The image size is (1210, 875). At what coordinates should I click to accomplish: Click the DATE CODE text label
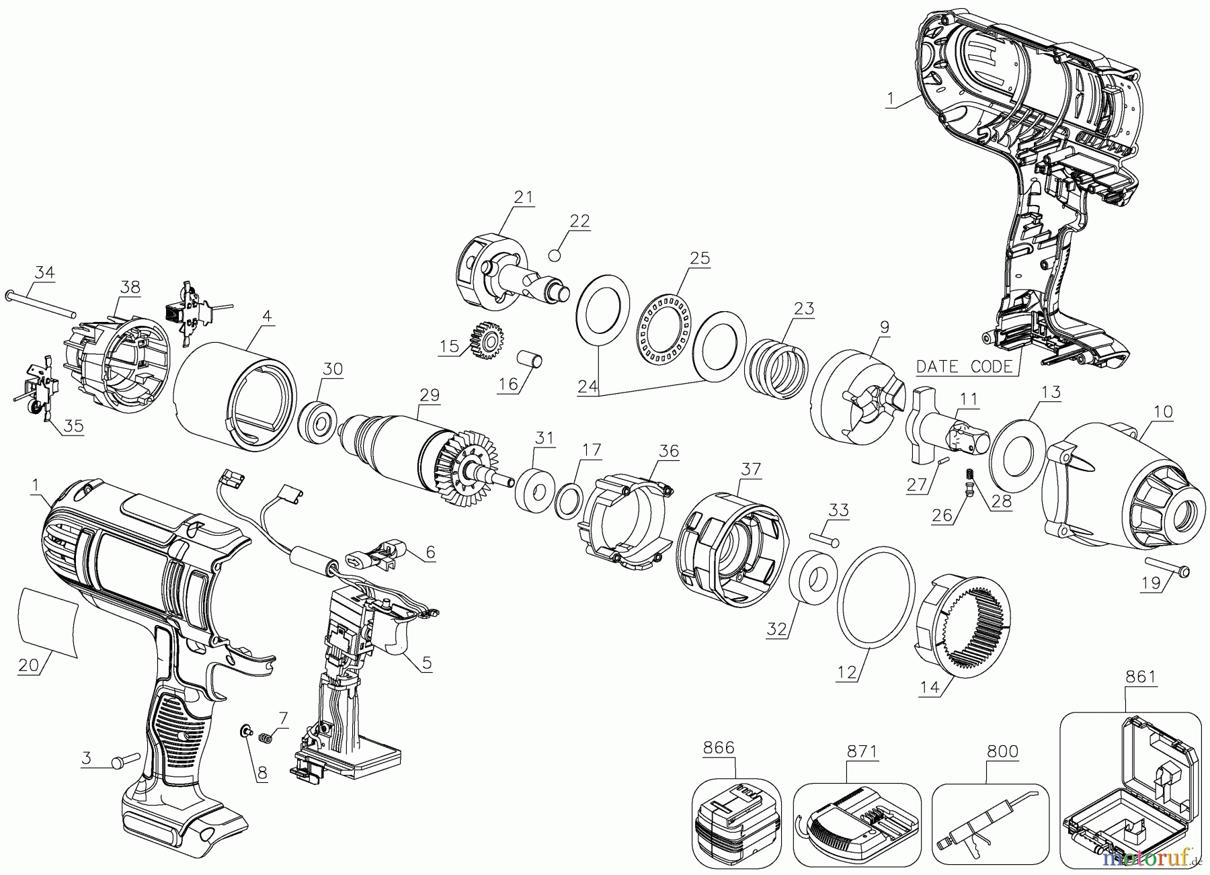click(x=964, y=366)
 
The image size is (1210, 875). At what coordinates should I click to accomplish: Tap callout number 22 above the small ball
click(x=579, y=221)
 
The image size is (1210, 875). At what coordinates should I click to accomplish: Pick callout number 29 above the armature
click(x=429, y=394)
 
